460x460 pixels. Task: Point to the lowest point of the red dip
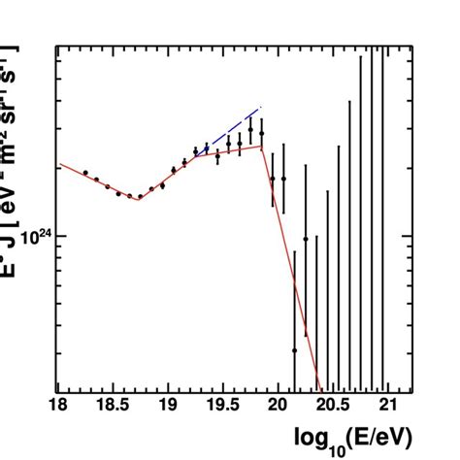point(138,198)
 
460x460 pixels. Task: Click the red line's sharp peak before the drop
point(263,147)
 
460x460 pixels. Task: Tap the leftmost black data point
point(85,173)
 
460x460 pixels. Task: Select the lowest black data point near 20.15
point(294,350)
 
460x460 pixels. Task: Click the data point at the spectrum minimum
point(140,197)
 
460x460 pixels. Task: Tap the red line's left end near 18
point(61,165)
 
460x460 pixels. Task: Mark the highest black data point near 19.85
point(250,129)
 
